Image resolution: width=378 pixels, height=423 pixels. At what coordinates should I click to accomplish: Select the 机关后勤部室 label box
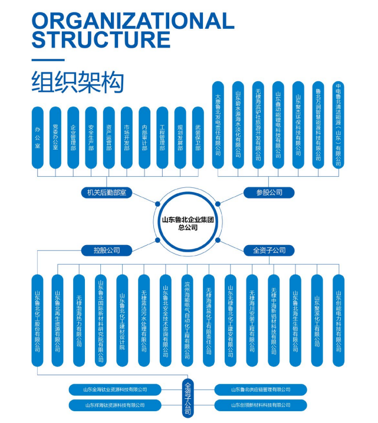tap(107, 192)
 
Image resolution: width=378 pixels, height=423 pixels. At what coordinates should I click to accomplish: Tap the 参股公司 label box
tap(269, 192)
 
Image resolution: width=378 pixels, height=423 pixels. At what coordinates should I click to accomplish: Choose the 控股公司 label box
tap(107, 250)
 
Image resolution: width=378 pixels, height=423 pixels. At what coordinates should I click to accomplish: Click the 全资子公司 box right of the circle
tap(269, 250)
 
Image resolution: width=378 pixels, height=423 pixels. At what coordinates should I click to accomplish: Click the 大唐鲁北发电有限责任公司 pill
tap(218, 124)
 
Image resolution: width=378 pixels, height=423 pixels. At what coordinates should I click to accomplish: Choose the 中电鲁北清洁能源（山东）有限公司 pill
tap(338, 124)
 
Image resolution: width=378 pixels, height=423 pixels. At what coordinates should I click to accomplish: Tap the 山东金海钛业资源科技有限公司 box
tap(115, 389)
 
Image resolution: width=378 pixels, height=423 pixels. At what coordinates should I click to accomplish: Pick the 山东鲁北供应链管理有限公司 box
tap(260, 389)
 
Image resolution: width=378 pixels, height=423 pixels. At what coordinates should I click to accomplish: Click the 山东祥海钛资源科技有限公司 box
tap(115, 405)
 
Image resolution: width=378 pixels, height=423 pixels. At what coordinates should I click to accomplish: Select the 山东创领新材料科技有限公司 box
tap(260, 405)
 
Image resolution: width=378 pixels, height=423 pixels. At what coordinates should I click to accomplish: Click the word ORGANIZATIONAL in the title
tap(133, 21)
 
